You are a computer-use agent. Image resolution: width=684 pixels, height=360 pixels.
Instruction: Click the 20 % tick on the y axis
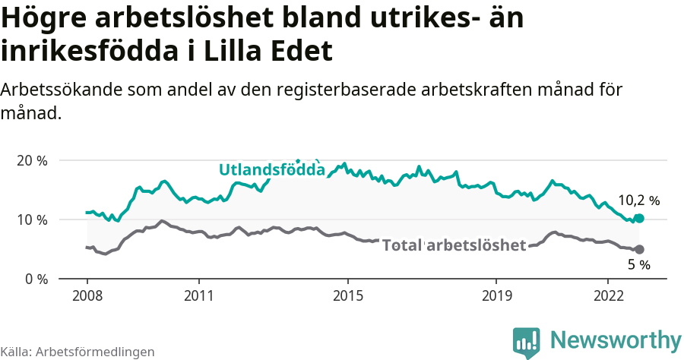32,161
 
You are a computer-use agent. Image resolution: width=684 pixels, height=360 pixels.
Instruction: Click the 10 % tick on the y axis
32,220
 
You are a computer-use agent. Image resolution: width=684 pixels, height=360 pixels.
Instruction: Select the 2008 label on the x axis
87,295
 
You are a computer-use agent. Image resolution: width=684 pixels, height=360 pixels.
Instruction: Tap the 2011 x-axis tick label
198,295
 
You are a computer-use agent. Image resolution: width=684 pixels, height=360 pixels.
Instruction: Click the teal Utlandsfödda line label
271,169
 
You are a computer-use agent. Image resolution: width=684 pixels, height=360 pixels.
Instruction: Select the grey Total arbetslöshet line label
454,245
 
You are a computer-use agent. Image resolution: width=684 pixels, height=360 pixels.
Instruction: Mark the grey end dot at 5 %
639,249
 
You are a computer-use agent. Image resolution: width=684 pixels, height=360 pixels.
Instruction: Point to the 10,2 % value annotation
638,201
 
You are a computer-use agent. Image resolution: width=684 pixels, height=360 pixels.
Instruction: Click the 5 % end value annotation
638,265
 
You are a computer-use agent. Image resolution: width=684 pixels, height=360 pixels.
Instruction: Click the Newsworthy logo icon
527,343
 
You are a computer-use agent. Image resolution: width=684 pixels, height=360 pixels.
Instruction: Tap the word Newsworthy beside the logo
616,340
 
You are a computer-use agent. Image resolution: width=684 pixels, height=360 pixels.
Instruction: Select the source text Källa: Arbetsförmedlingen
78,352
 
